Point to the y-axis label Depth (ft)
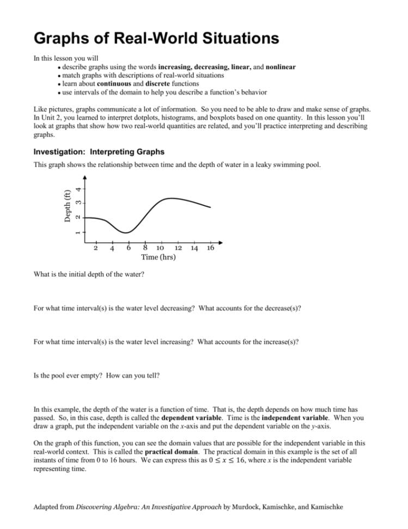66,205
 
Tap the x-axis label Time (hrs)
158,256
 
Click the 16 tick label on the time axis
210,248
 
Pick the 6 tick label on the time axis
129,248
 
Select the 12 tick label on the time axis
178,248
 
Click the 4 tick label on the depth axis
78,189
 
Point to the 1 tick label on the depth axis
78,232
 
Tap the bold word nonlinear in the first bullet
281,67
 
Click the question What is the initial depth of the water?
89,274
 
